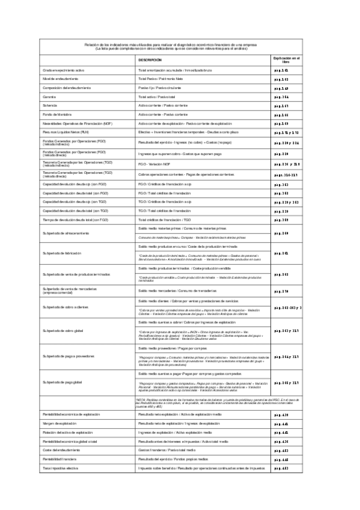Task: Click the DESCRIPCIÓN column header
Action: point(150,61)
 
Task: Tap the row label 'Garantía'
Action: point(49,97)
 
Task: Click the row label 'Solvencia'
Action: point(50,106)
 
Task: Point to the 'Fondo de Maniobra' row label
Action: point(57,114)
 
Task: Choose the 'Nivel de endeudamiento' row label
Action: point(61,79)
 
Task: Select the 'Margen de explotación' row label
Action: point(60,424)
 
